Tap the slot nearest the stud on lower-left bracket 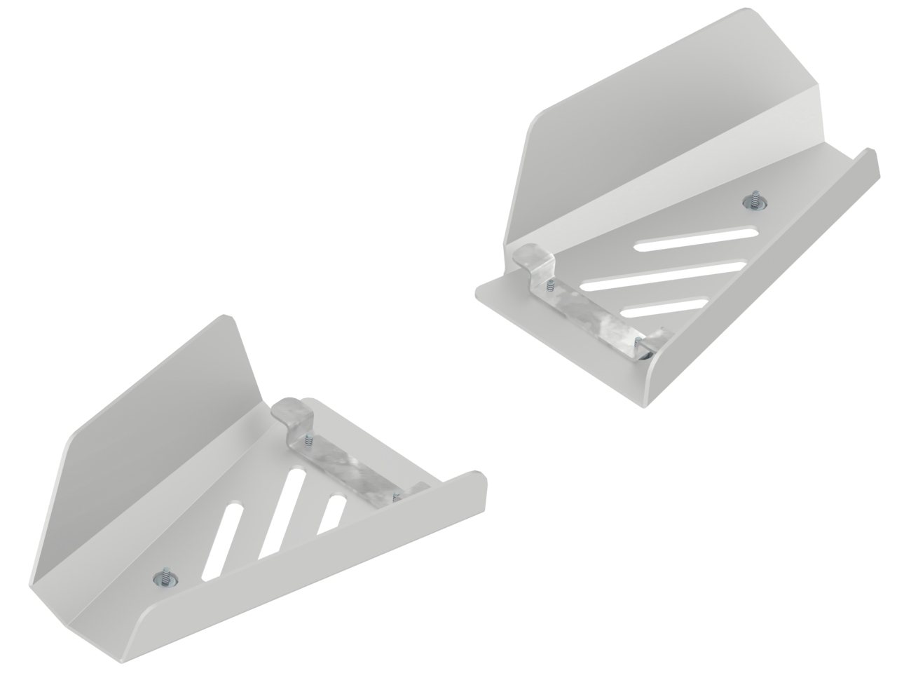click(x=224, y=539)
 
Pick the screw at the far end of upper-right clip click(x=638, y=341)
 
